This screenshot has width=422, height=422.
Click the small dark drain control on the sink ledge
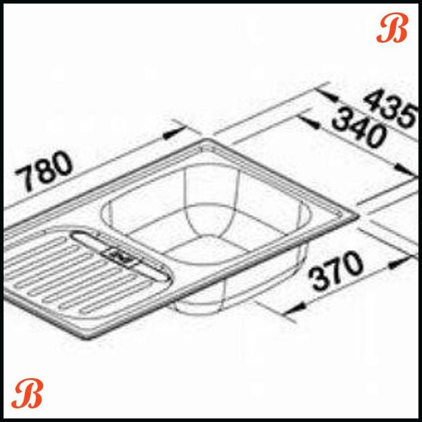[122, 256]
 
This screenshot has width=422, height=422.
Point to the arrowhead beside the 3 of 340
[305, 120]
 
